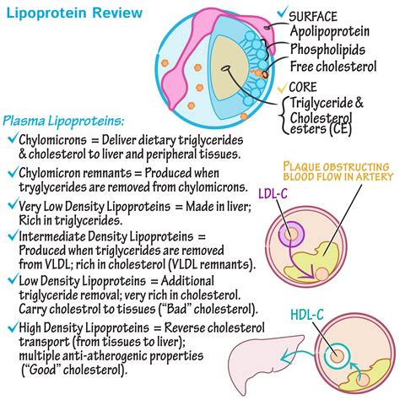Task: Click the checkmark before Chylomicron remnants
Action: pyautogui.click(x=10, y=171)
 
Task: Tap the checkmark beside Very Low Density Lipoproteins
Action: pyautogui.click(x=10, y=205)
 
